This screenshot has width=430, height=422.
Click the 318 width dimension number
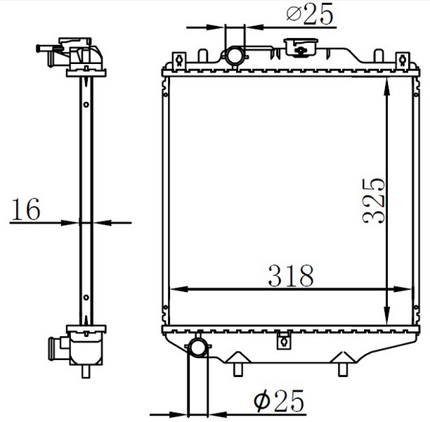(291, 276)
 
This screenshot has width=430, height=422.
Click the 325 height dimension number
(374, 200)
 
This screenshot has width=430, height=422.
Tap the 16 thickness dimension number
(26, 209)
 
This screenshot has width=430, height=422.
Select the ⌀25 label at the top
(310, 14)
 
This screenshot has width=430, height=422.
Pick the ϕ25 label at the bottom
(279, 401)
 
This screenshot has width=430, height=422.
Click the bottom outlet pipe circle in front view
(199, 348)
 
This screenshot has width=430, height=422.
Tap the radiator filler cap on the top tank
(301, 48)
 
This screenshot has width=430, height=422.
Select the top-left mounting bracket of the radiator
(179, 60)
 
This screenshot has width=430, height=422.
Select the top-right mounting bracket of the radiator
(403, 60)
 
